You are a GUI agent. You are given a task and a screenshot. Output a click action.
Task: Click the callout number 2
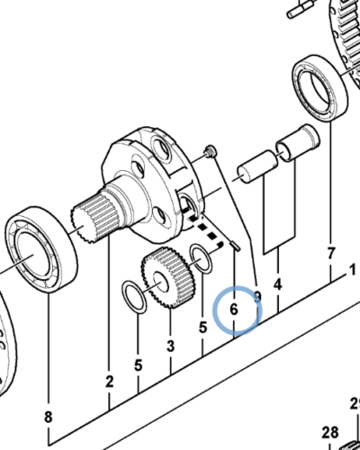point(109,382)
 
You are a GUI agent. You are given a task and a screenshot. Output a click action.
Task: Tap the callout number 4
point(279,285)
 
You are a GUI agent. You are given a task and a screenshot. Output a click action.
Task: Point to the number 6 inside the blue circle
point(233,309)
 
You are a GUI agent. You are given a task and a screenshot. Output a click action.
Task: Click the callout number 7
point(330,252)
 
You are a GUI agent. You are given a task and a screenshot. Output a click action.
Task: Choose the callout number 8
point(48,417)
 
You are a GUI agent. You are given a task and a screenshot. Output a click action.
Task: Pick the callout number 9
point(257,296)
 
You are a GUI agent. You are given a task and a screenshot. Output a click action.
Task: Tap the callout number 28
point(329,432)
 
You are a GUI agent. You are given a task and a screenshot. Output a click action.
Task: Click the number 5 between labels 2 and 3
point(138,365)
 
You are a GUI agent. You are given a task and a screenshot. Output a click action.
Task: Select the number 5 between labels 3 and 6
point(202,328)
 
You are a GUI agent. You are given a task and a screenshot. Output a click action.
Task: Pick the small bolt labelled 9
point(211,149)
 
